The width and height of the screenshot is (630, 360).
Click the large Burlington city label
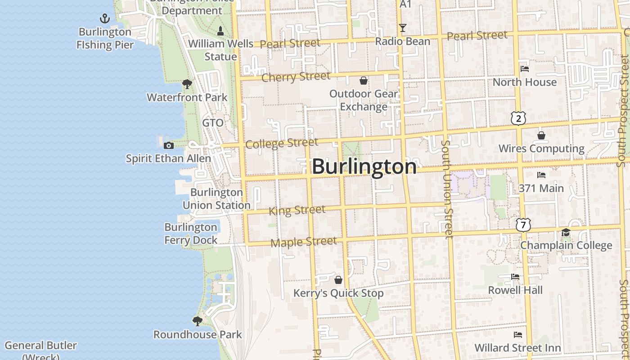click(x=364, y=166)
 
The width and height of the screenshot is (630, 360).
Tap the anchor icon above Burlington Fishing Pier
click(x=104, y=18)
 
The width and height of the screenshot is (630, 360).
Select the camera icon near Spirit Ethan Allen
click(x=169, y=145)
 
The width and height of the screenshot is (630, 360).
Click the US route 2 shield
click(x=518, y=118)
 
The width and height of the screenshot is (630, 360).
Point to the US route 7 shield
click(x=523, y=225)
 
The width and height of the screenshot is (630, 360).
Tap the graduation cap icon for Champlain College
click(x=566, y=232)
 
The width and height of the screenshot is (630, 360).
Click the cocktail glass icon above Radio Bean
click(x=403, y=28)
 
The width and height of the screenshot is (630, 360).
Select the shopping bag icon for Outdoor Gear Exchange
click(x=364, y=81)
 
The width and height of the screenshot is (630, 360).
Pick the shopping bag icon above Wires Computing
click(x=541, y=135)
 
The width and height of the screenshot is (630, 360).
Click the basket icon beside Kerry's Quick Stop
click(x=338, y=280)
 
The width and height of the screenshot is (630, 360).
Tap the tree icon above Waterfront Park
click(x=187, y=84)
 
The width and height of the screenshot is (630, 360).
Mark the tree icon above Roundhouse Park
click(x=197, y=321)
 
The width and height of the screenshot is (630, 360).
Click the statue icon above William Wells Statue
click(x=220, y=31)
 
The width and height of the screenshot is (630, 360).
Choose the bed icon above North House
click(x=525, y=69)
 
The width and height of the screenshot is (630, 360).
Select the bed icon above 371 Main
click(x=541, y=175)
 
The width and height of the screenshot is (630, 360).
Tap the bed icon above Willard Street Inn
click(x=518, y=335)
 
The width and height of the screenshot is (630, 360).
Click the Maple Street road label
click(x=304, y=242)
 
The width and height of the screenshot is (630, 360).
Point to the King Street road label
click(x=297, y=210)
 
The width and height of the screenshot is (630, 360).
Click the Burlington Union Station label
click(x=216, y=198)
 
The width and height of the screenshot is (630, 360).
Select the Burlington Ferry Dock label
click(x=191, y=233)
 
